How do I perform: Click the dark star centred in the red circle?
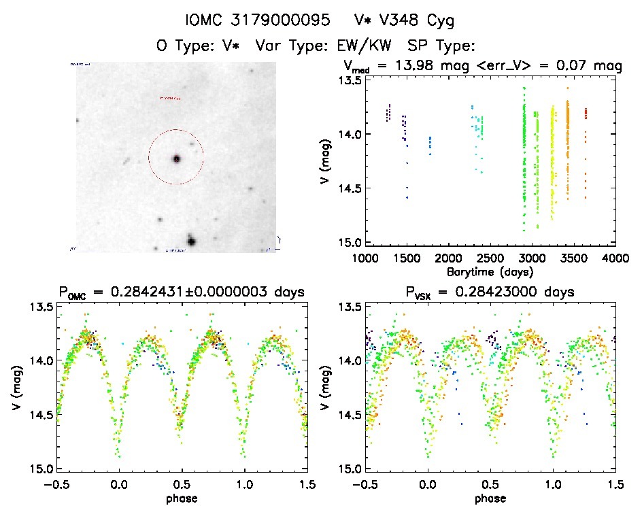pos(176,158)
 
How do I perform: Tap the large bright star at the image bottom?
pos(191,241)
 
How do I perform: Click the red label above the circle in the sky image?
pos(170,98)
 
